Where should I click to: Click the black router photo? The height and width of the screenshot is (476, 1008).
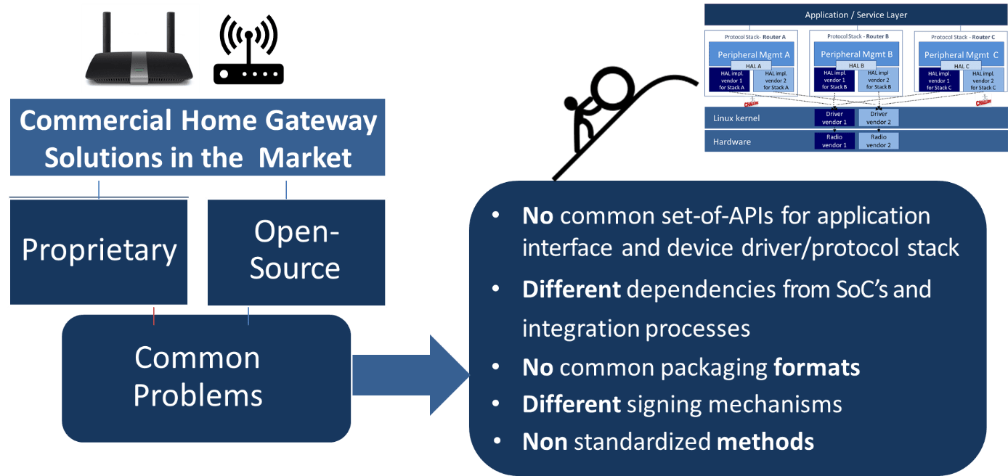click(x=139, y=49)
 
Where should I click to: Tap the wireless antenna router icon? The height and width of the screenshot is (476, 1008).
click(x=248, y=51)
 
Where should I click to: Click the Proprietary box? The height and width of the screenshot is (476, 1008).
click(x=99, y=251)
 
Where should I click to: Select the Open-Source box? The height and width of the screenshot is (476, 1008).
click(x=295, y=251)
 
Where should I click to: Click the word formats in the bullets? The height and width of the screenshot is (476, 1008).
click(x=816, y=367)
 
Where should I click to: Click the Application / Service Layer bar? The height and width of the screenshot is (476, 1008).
click(x=855, y=15)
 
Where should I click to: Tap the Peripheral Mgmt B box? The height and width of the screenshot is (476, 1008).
click(x=856, y=54)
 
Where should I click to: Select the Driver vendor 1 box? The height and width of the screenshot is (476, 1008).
click(x=834, y=118)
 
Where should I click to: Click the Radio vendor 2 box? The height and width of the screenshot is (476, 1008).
click(x=878, y=141)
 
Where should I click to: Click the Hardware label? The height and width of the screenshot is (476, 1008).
click(x=731, y=141)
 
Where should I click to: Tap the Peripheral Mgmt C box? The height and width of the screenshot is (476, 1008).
click(x=961, y=54)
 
